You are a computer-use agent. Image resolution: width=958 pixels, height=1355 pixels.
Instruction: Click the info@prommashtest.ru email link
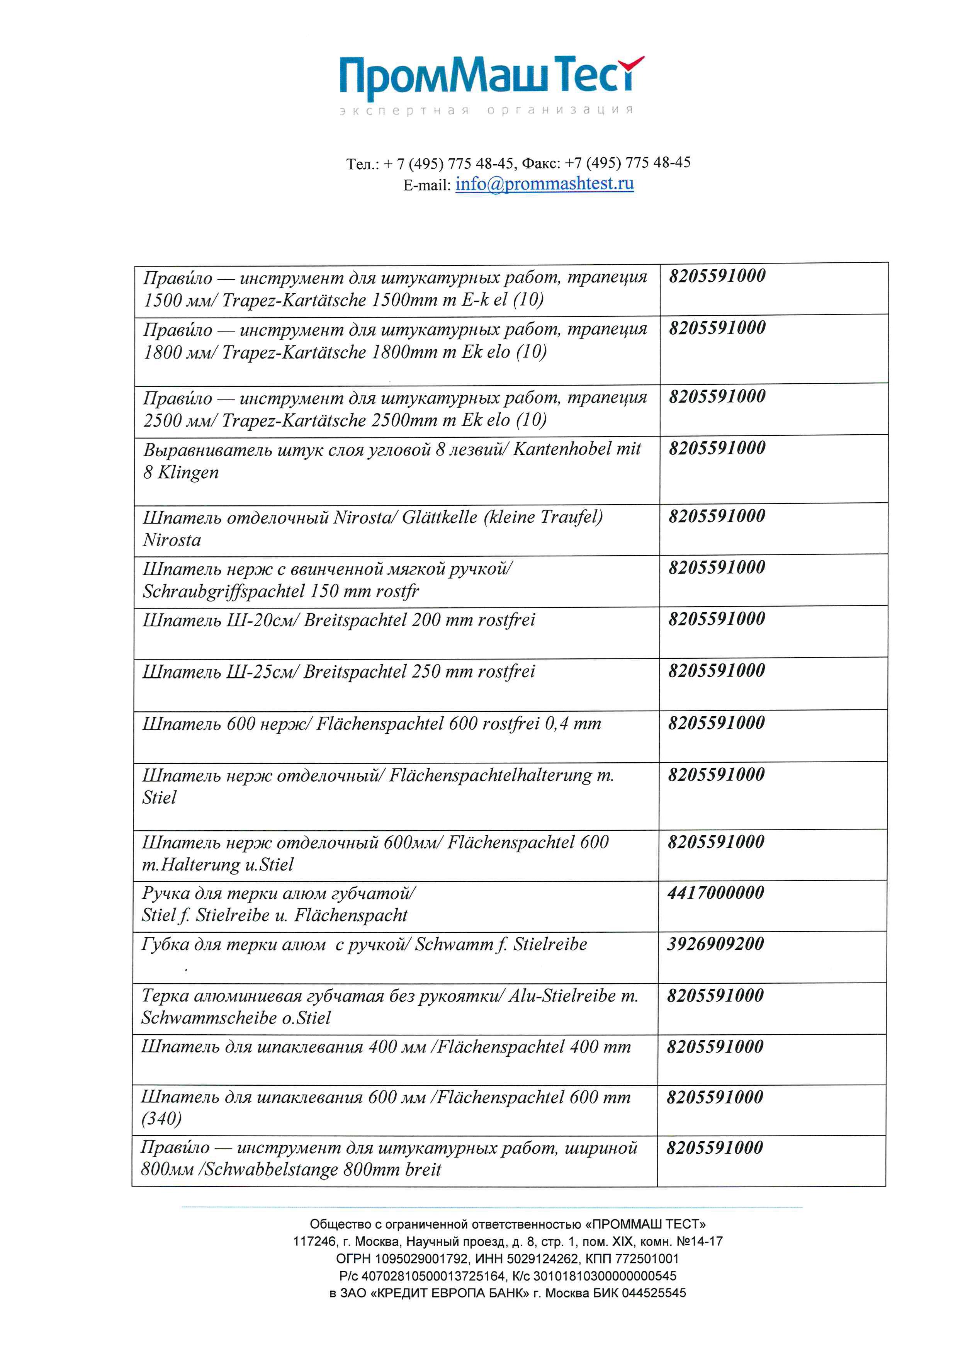tap(544, 184)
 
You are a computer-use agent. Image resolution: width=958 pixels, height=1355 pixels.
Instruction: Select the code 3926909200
tap(715, 944)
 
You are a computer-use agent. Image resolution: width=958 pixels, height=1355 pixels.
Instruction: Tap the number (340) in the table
tap(161, 1118)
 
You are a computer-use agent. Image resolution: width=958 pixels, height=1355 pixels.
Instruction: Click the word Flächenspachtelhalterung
tap(490, 775)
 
